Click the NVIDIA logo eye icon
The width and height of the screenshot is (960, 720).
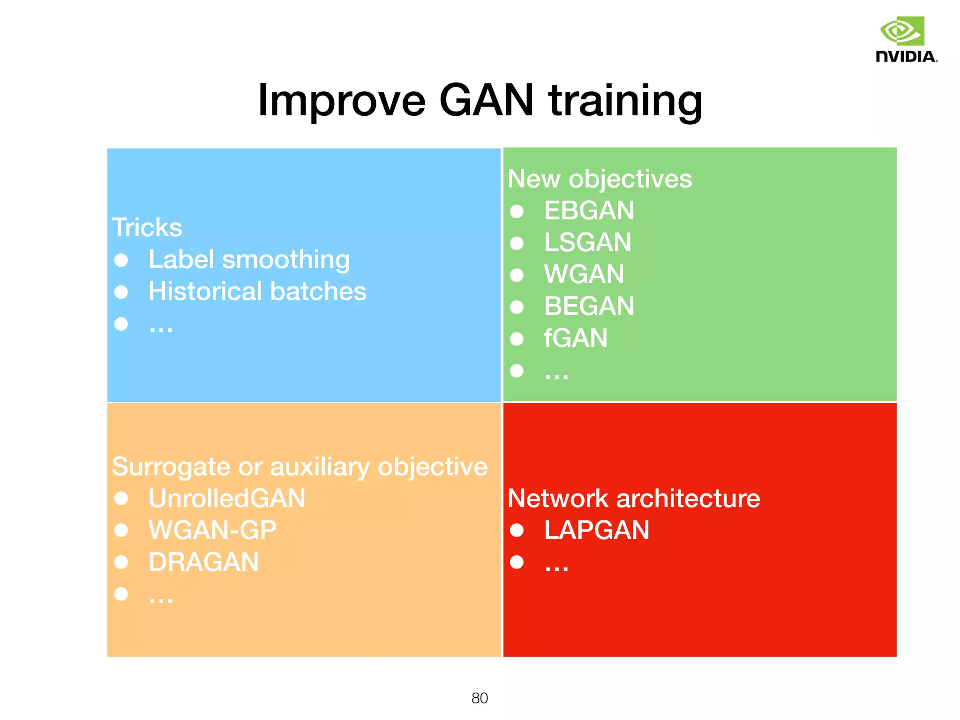(902, 31)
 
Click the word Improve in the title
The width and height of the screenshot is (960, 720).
(341, 101)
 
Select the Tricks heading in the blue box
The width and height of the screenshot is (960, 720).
(147, 228)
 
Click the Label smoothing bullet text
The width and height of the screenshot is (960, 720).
(249, 260)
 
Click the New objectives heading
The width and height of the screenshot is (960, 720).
(599, 179)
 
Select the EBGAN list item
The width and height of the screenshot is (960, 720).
(589, 210)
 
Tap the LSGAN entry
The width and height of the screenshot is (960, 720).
(587, 242)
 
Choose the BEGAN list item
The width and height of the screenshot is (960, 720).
(589, 306)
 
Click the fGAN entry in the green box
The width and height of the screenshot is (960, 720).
(575, 338)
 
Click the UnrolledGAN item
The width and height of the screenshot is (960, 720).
(227, 498)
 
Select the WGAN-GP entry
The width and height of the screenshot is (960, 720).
(212, 530)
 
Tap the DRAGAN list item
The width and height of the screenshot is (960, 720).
(203, 562)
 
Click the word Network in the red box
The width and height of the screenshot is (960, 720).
(558, 498)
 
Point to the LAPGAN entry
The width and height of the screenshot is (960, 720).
(596, 530)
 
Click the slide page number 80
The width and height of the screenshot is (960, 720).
(480, 698)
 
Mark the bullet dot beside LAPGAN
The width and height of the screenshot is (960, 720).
(517, 530)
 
